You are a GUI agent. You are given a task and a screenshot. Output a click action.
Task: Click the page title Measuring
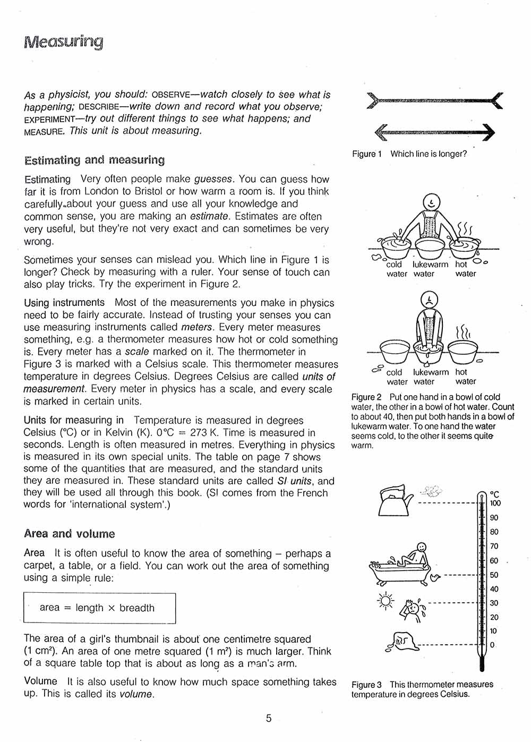64,41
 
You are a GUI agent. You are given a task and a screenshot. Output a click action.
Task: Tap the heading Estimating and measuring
95,160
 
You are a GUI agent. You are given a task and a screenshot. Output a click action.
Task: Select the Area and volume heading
69,533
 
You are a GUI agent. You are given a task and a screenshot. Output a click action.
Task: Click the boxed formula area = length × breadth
99,608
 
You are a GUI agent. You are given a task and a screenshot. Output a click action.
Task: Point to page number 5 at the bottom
268,718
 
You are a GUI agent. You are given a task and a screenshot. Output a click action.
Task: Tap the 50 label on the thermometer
494,575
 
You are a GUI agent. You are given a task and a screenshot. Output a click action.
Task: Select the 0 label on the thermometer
492,645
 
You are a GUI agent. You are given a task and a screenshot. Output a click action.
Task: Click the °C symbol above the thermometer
494,494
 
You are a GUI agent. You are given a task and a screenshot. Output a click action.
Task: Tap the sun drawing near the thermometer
385,601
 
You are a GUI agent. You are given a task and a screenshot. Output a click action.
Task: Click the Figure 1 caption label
367,154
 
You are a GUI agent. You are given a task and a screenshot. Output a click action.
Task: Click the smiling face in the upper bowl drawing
432,202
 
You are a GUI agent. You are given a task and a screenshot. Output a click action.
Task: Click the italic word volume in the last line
136,694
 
